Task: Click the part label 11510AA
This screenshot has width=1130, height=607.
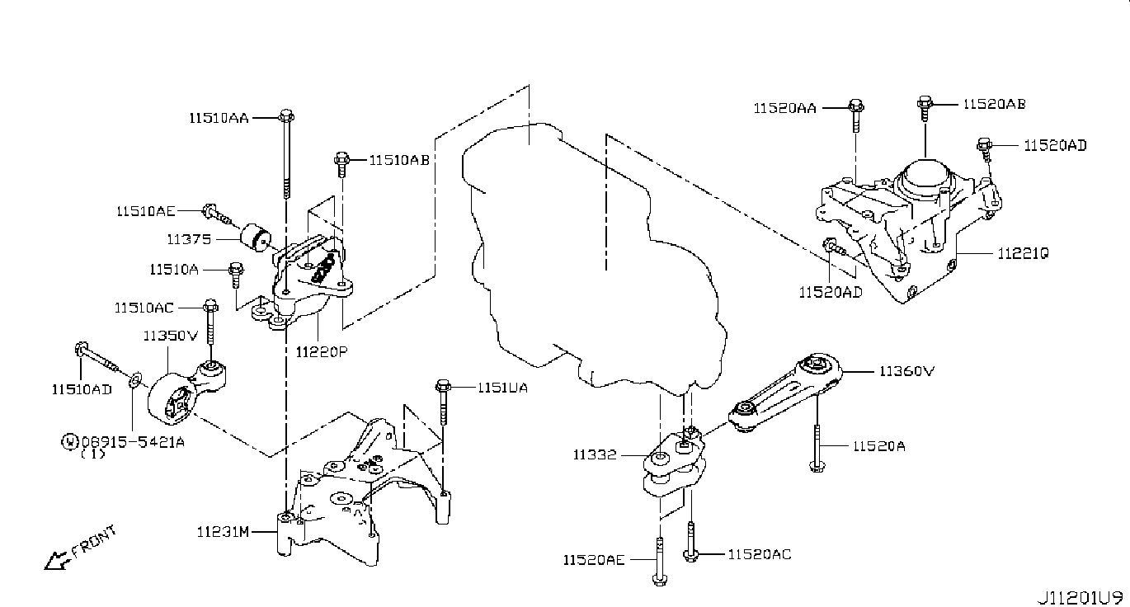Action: click(219, 118)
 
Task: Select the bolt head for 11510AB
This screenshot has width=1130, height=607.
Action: click(341, 159)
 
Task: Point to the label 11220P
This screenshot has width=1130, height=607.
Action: click(322, 351)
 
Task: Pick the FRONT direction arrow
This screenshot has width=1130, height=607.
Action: click(56, 560)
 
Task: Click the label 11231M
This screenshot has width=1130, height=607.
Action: click(223, 532)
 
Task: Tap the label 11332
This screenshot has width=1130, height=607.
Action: click(595, 455)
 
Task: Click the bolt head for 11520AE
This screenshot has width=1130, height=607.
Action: click(659, 580)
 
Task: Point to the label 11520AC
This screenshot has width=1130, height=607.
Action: click(760, 554)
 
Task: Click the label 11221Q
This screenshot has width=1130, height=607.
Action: click(1023, 253)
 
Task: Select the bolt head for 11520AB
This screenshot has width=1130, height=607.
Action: click(925, 104)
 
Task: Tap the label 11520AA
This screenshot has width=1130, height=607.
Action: click(784, 109)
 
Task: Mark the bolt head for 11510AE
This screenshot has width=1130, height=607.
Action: click(210, 211)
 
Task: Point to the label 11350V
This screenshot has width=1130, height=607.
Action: click(171, 336)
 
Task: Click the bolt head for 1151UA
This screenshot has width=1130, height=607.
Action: click(443, 387)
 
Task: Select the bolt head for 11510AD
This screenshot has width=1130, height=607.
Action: click(81, 348)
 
